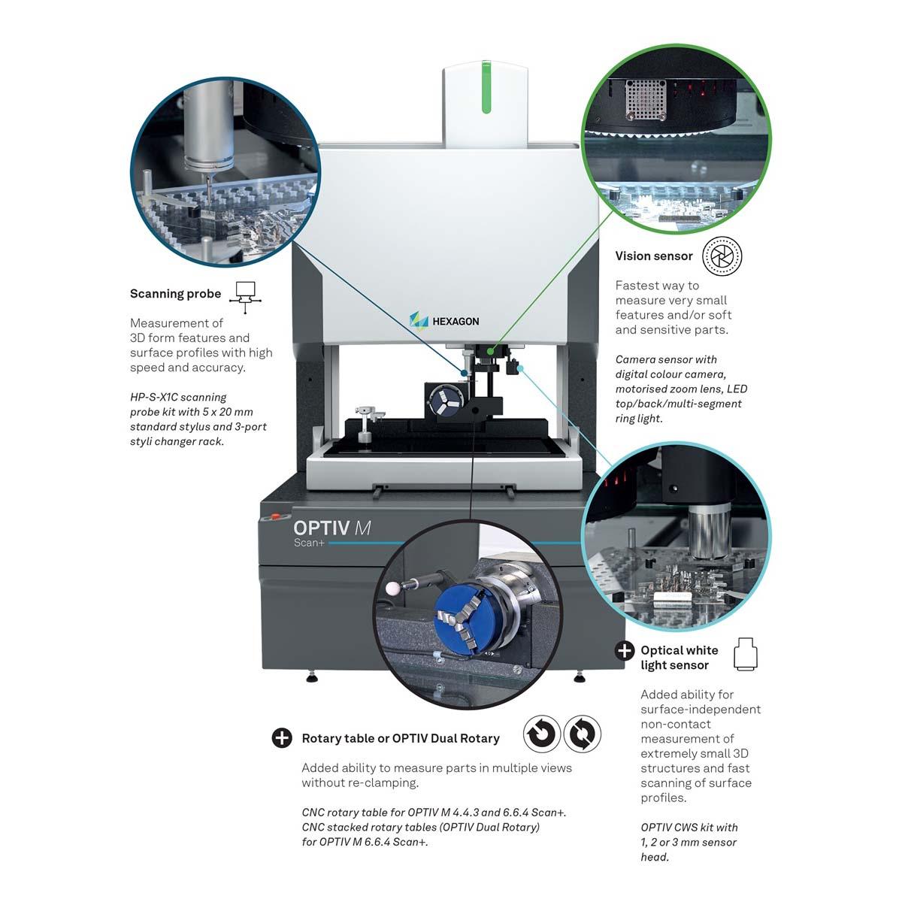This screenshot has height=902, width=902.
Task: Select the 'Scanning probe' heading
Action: [175, 294]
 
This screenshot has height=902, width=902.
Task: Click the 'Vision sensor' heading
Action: [653, 256]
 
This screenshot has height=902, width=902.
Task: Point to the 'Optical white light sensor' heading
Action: [679, 658]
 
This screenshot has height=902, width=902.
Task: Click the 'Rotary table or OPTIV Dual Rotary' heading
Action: [400, 738]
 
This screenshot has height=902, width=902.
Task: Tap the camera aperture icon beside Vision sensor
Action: [722, 256]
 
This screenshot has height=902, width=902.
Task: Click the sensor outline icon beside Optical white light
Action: [745, 654]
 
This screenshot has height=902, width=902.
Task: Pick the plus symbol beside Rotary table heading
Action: [282, 738]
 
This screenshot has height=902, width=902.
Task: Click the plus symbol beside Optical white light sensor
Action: [625, 650]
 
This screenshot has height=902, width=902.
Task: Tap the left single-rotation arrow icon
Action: [541, 734]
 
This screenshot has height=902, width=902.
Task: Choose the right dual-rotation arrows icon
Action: [582, 734]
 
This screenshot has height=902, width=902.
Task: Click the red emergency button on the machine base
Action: [275, 518]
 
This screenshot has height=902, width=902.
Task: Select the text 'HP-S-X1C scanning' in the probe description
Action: [178, 397]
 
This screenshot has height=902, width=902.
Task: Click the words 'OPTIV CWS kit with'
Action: [689, 828]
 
